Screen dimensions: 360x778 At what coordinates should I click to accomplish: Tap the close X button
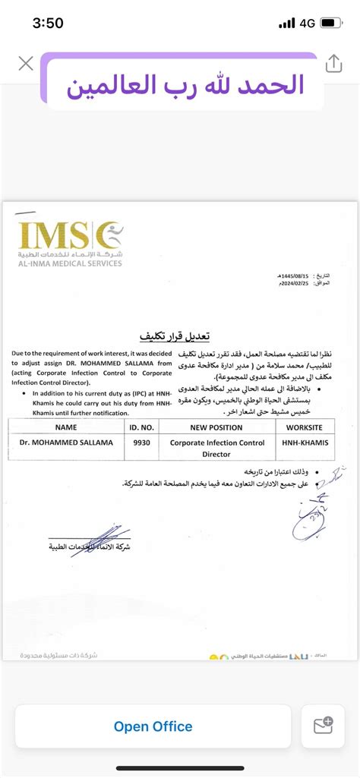coord(26,63)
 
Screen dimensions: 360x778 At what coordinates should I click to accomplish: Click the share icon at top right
coord(334,64)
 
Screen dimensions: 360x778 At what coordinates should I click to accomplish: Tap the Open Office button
coord(153,726)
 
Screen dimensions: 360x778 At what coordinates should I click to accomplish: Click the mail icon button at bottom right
coord(323,726)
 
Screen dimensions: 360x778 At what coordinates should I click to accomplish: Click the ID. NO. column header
coord(137,427)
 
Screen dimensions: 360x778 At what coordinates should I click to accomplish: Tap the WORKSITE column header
coord(302,427)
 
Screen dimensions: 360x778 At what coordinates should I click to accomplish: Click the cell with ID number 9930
coord(137,442)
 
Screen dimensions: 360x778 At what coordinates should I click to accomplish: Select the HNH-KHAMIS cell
coord(302,442)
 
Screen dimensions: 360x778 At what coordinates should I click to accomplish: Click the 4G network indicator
coord(308,24)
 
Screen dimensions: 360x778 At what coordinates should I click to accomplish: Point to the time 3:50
coord(48,24)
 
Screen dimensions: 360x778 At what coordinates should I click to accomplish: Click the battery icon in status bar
coord(331,24)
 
